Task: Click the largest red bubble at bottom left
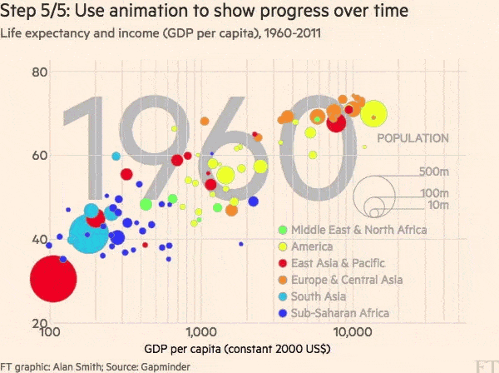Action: pos(53,278)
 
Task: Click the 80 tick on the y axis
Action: pos(39,72)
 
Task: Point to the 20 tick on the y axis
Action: pos(39,323)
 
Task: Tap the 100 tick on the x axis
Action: pos(49,333)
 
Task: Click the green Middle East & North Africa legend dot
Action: pos(283,230)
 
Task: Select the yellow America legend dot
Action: pos(283,246)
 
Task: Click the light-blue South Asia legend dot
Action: pos(283,296)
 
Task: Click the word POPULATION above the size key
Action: pos(413,138)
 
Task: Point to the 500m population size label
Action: pos(434,172)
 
